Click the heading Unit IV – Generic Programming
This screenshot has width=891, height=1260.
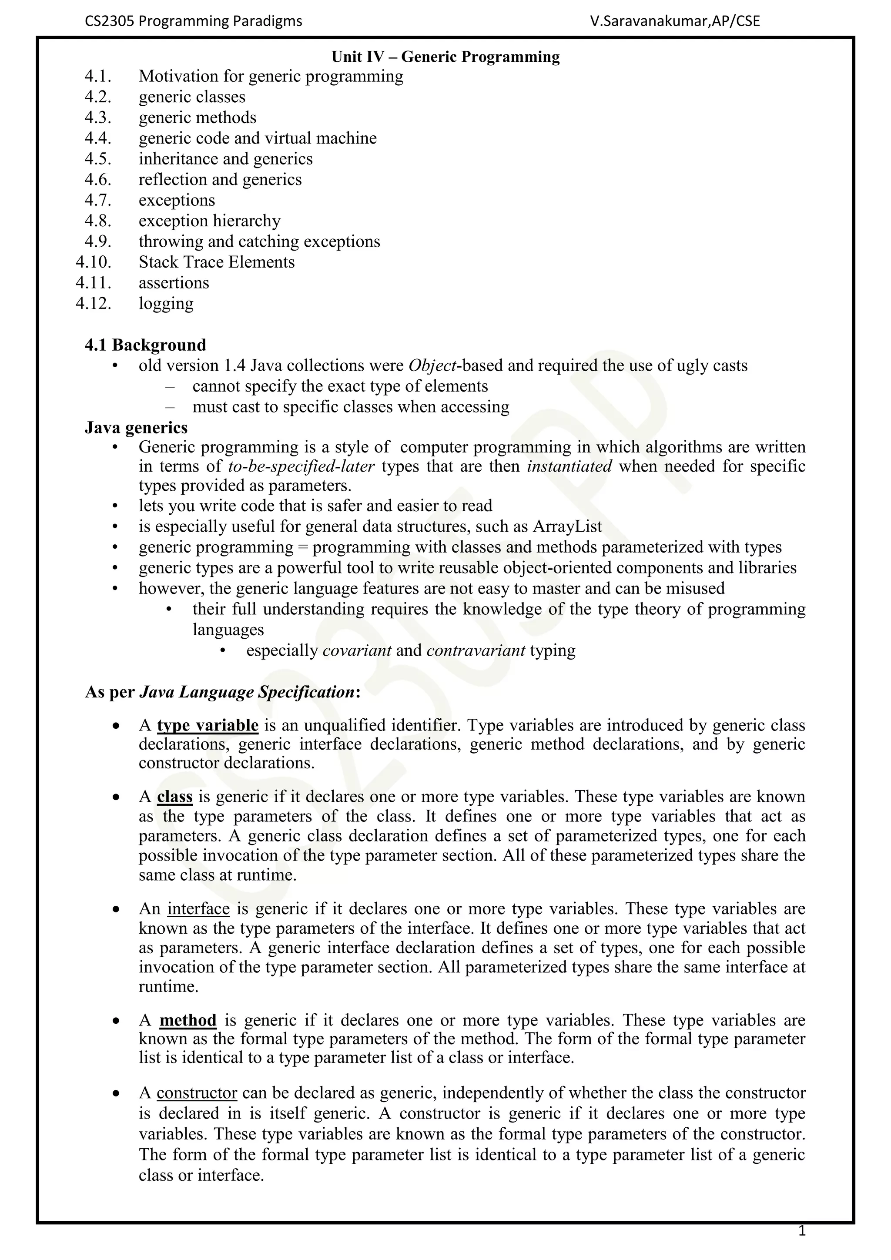click(445, 57)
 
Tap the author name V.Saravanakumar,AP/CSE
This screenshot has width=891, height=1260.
click(675, 21)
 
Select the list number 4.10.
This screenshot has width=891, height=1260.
click(93, 262)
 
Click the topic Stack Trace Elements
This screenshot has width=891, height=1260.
click(216, 262)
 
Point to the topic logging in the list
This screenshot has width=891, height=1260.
click(166, 304)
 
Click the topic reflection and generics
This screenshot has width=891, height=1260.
click(220, 179)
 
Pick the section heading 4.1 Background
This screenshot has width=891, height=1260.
click(145, 345)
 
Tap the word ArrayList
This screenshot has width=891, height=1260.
click(567, 527)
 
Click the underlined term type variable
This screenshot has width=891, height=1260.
click(208, 725)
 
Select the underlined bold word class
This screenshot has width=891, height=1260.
click(174, 797)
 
